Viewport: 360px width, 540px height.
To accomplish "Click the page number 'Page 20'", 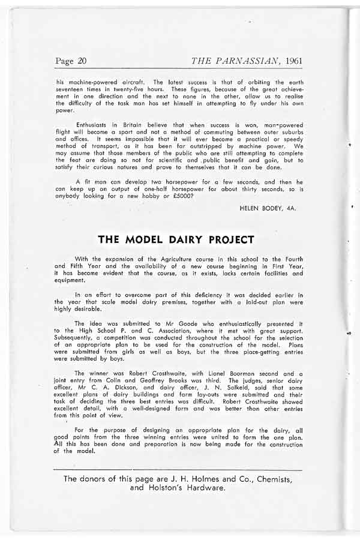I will (x=71, y=61).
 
